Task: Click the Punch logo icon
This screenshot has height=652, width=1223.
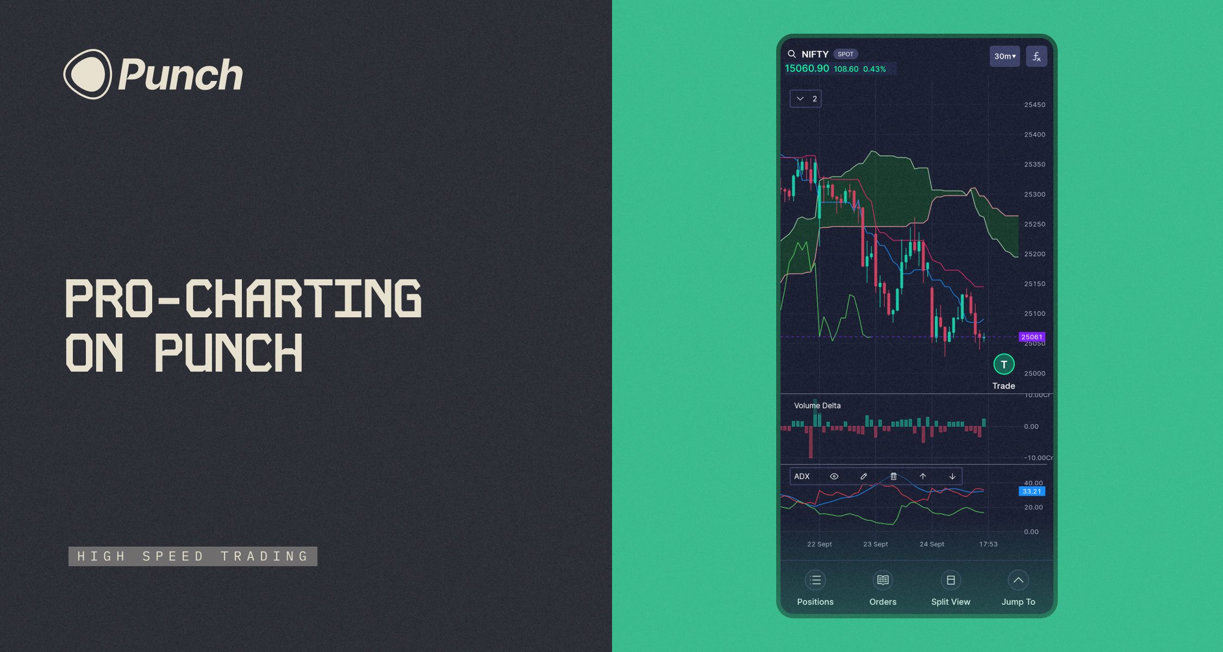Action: pyautogui.click(x=88, y=74)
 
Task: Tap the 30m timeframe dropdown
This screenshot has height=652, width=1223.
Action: pyautogui.click(x=1004, y=56)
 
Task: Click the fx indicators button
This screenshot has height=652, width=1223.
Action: pyautogui.click(x=1037, y=56)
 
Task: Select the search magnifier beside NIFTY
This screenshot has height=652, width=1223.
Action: pyautogui.click(x=792, y=54)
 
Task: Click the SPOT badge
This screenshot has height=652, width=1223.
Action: pyautogui.click(x=845, y=54)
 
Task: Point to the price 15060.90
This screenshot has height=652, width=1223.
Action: pyautogui.click(x=807, y=68)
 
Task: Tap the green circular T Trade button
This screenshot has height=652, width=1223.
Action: pyautogui.click(x=1004, y=364)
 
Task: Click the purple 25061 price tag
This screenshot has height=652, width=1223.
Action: pyautogui.click(x=1032, y=337)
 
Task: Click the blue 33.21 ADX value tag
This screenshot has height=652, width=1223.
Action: pyautogui.click(x=1032, y=491)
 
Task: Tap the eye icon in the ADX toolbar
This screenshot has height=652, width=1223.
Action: pyautogui.click(x=834, y=477)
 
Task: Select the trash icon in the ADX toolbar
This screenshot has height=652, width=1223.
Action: pyautogui.click(x=894, y=477)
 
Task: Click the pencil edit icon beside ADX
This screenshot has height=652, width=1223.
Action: pyautogui.click(x=864, y=477)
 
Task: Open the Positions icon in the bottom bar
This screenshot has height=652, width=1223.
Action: pyautogui.click(x=815, y=580)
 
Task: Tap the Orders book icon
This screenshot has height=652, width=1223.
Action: pyautogui.click(x=883, y=580)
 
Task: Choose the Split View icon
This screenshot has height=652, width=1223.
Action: pyautogui.click(x=951, y=580)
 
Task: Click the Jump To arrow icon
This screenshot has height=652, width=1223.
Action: pyautogui.click(x=1018, y=580)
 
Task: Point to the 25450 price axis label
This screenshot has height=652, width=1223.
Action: pyautogui.click(x=1034, y=105)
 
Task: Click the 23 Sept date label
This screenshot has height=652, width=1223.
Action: pyautogui.click(x=875, y=544)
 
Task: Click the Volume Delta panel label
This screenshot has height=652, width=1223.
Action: pyautogui.click(x=817, y=405)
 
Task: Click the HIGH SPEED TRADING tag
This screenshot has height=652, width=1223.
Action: pyautogui.click(x=193, y=556)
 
